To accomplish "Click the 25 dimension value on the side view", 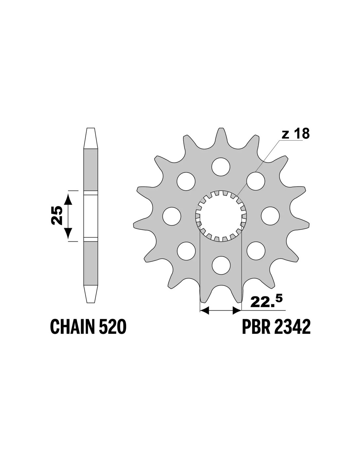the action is (x=57, y=215).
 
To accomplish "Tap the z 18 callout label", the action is (x=296, y=134).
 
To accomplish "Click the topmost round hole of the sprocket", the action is (x=221, y=167).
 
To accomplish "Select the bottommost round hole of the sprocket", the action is (x=221, y=265).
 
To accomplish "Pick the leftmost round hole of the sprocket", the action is (x=171, y=216).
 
